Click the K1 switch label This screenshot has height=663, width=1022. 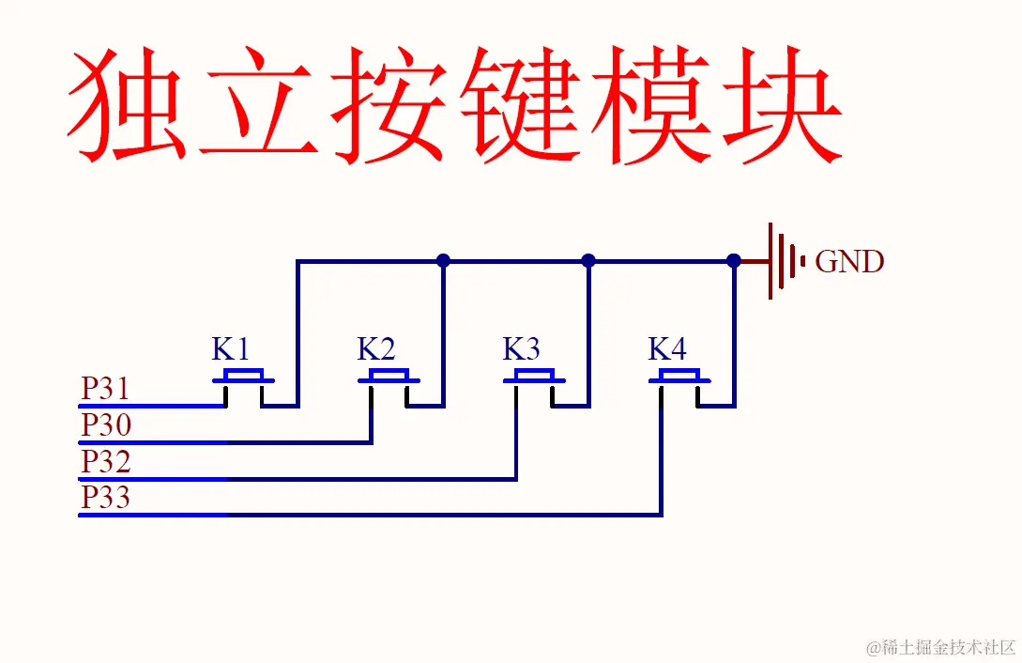point(231,350)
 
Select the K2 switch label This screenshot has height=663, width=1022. point(376,350)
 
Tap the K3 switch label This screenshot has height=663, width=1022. point(522,350)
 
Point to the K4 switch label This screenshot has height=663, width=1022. point(667,350)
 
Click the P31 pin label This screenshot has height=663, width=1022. point(105,389)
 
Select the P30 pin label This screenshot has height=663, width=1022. point(105,425)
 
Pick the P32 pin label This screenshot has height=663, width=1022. point(105,462)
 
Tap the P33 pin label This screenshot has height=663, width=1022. point(105,498)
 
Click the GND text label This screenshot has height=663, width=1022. point(849,262)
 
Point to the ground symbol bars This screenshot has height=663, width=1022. point(786,261)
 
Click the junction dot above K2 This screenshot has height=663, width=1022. point(443,261)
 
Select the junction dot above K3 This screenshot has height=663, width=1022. point(588,261)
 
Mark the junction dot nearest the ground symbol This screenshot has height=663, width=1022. point(734,261)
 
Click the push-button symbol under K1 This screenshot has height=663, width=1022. point(244,379)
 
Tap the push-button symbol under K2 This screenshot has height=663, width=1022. point(389,379)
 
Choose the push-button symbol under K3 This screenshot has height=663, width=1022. point(535,379)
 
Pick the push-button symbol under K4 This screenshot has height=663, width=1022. point(680,379)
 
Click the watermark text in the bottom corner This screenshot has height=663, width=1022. point(941,647)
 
